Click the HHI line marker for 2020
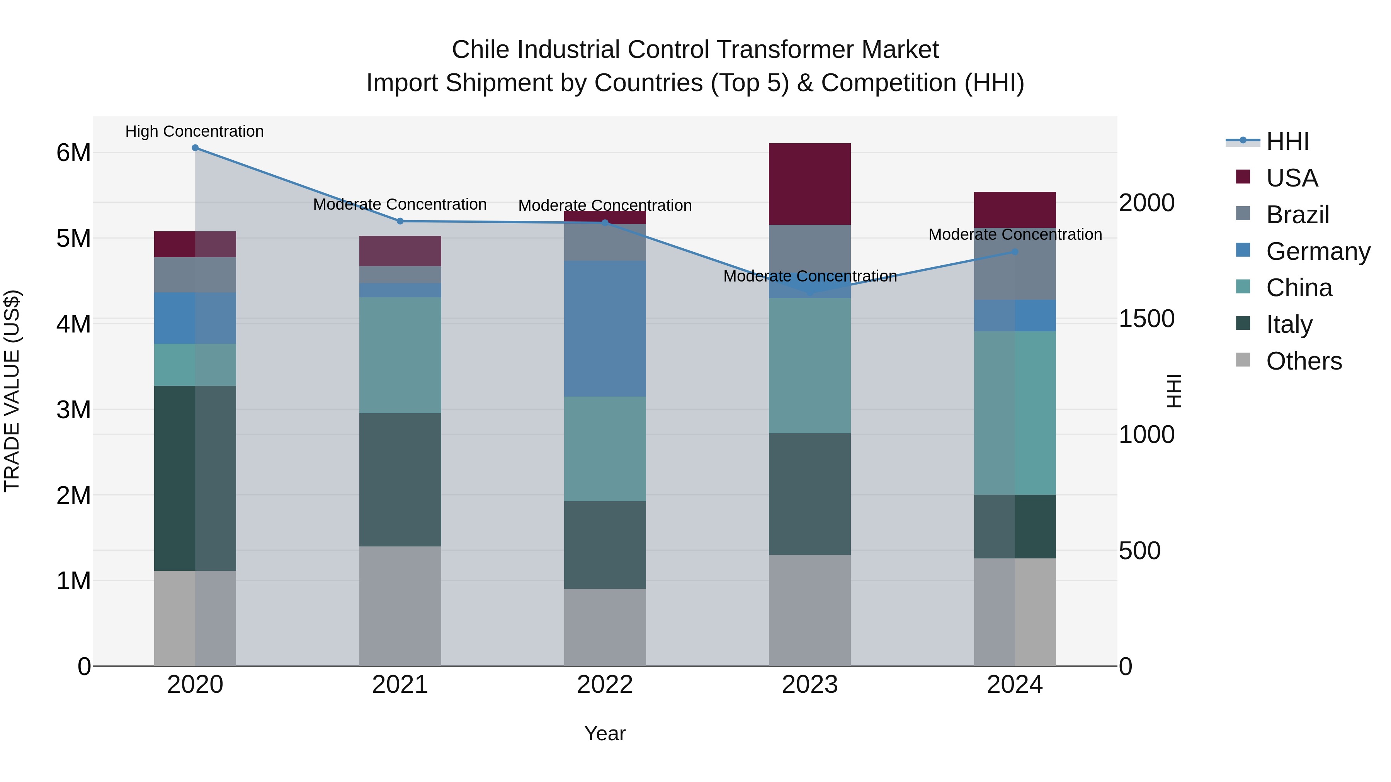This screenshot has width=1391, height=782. [x=195, y=148]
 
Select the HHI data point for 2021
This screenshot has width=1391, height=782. [x=400, y=221]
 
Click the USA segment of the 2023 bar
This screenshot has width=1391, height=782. [x=809, y=184]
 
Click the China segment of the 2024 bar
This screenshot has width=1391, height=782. [x=1015, y=413]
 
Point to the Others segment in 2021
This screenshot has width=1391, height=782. [x=400, y=606]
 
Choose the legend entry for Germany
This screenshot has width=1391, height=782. [x=1318, y=251]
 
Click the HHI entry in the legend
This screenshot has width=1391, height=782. [x=1287, y=141]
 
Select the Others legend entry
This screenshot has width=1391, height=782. [x=1304, y=361]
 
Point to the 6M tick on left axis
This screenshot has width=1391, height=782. [x=73, y=153]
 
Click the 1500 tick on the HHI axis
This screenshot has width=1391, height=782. [x=1146, y=319]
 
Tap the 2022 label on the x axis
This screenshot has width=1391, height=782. [x=605, y=685]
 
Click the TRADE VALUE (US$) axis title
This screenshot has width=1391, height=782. [x=12, y=391]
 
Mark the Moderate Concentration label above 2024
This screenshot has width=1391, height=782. [x=1015, y=235]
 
